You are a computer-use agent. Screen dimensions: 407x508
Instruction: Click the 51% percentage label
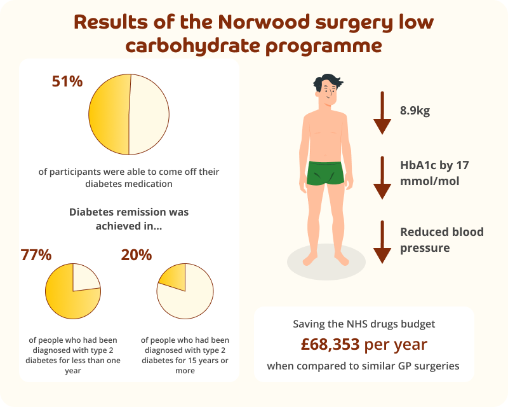pyautogui.click(x=67, y=82)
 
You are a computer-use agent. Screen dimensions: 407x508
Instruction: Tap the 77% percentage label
pyautogui.click(x=36, y=255)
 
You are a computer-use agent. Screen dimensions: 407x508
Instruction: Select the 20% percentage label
pyautogui.click(x=137, y=255)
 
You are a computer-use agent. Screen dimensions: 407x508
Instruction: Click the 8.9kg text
pyautogui.click(x=415, y=111)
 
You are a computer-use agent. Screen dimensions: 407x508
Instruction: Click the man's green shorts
pyautogui.click(x=325, y=173)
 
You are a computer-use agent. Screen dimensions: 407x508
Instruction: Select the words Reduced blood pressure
pyautogui.click(x=441, y=240)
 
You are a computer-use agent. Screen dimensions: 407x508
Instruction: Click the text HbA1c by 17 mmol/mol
pyautogui.click(x=434, y=173)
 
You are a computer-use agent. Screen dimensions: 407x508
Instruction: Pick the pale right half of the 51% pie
pyautogui.click(x=150, y=114)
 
